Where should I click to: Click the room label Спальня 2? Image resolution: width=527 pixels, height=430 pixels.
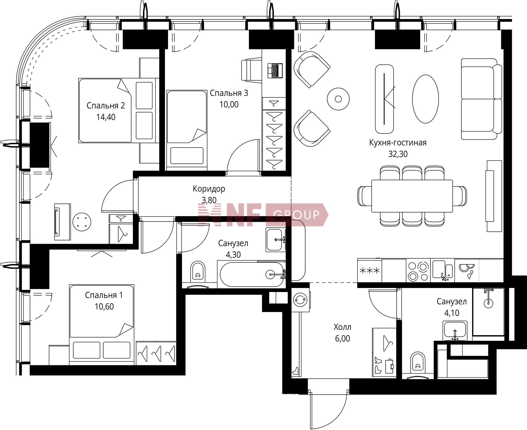click(x=106, y=106)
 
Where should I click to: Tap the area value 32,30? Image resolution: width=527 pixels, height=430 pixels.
click(x=398, y=154)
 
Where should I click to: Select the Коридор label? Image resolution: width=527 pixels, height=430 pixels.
click(x=209, y=189)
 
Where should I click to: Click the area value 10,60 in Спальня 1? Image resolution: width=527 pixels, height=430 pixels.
click(x=104, y=307)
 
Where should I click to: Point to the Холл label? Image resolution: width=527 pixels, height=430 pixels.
click(x=342, y=327)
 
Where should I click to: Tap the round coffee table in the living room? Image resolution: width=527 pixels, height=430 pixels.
click(x=338, y=99)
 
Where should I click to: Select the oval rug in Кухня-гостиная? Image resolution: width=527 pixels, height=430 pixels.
click(x=425, y=99)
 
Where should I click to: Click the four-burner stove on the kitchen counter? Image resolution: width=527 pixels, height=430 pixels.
click(x=418, y=271)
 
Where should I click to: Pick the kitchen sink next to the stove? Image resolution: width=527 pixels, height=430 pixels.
click(x=442, y=271)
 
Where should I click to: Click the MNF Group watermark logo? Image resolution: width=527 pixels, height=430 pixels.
click(x=263, y=215)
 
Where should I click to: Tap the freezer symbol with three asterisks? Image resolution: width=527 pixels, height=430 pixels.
click(x=369, y=271)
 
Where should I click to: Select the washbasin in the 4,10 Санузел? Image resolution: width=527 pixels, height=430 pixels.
click(x=455, y=330)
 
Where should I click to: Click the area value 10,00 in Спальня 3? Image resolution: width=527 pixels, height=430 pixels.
click(x=229, y=104)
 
